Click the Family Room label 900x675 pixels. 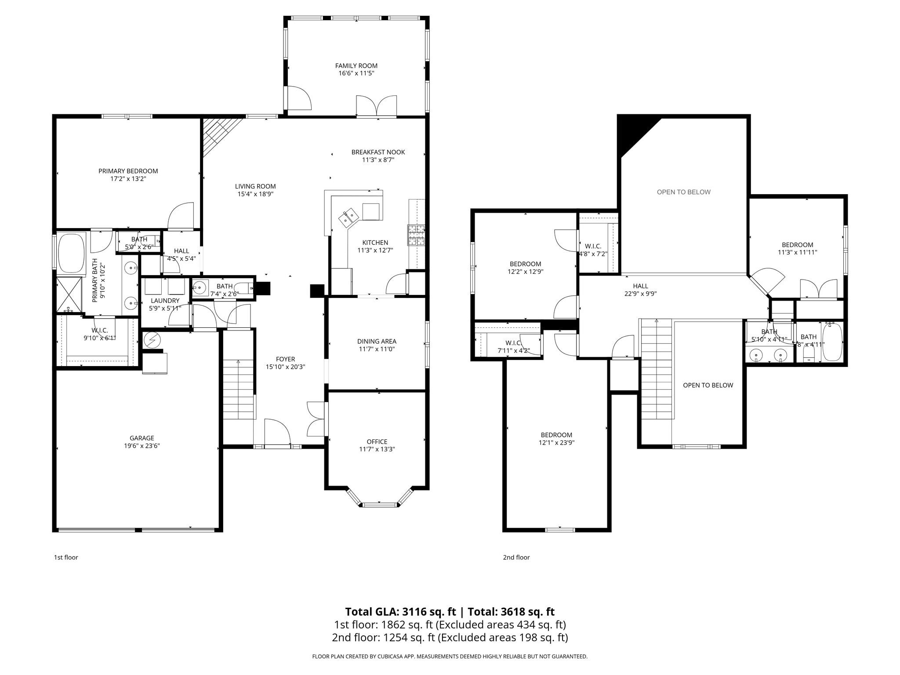[356, 66]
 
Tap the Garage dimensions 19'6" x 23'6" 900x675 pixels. [142, 446]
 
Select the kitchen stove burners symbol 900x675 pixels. [416, 235]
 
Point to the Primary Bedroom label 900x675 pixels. [128, 171]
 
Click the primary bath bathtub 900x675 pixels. [71, 254]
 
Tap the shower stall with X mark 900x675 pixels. [69, 294]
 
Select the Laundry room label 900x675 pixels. [165, 301]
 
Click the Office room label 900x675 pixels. [377, 442]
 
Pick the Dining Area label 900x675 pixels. [377, 341]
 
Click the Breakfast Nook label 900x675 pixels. [378, 152]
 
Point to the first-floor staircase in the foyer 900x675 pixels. [238, 389]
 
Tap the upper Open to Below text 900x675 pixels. [683, 192]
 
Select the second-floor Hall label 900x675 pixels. [640, 286]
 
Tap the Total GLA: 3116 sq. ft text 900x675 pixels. [400, 612]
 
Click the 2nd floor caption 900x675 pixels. [516, 557]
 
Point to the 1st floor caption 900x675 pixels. [66, 557]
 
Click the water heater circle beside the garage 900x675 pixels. [152, 340]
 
